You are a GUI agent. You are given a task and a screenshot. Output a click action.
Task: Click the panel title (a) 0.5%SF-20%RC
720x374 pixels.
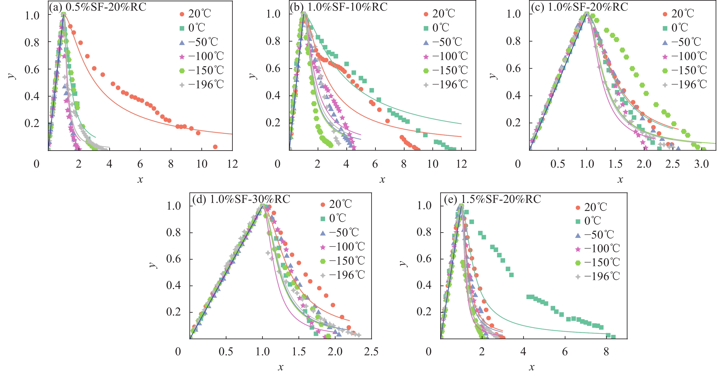pyautogui.click(x=98, y=7)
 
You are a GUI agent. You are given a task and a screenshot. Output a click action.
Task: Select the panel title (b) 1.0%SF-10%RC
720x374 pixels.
pyautogui.click(x=339, y=7)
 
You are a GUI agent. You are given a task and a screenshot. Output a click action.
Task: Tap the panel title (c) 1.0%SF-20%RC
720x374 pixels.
pyautogui.click(x=579, y=7)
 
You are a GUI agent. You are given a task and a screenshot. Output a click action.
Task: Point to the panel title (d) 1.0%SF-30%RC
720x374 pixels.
pyautogui.click(x=241, y=199)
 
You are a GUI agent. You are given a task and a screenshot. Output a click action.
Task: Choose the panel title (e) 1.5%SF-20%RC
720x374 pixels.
pyautogui.click(x=492, y=199)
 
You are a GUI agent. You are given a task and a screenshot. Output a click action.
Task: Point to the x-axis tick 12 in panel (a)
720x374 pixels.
pyautogui.click(x=232, y=164)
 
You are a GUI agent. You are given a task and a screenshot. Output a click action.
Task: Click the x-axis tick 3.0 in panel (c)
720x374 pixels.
pyautogui.click(x=701, y=164)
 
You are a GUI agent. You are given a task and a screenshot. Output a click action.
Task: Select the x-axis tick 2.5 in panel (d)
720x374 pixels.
pyautogui.click(x=371, y=352)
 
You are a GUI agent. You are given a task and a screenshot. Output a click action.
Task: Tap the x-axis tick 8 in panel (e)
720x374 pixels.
pyautogui.click(x=606, y=352)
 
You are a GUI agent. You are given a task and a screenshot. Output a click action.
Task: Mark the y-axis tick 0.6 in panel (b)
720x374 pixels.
pyautogui.click(x=273, y=68)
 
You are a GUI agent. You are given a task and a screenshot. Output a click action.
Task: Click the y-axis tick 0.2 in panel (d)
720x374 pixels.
pyautogui.click(x=174, y=312)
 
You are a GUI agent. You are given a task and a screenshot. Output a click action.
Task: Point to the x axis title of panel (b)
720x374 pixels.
pyautogui.click(x=382, y=179)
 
